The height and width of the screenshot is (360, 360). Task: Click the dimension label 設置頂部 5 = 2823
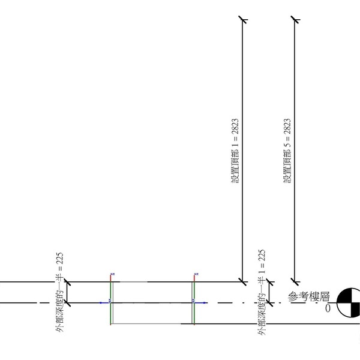pyautogui.click(x=287, y=151)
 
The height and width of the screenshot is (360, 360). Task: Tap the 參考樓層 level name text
pyautogui.click(x=310, y=297)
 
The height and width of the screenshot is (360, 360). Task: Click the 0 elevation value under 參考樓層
pyautogui.click(x=328, y=308)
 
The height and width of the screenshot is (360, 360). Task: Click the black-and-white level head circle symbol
pyautogui.click(x=349, y=303)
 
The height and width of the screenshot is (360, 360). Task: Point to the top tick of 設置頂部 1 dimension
pyautogui.click(x=243, y=20)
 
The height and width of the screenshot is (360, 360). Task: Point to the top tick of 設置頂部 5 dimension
pyautogui.click(x=295, y=20)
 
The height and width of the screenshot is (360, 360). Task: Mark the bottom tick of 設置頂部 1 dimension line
pyautogui.click(x=243, y=281)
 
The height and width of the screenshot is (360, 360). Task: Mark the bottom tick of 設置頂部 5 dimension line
pyautogui.click(x=295, y=281)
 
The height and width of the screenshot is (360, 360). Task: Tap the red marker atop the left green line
pyautogui.click(x=112, y=276)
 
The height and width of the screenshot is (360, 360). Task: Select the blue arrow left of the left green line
pyautogui.click(x=106, y=303)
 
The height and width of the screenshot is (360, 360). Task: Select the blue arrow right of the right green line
pyautogui.click(x=203, y=303)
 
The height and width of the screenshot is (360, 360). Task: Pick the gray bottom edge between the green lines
pyautogui.click(x=152, y=324)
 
